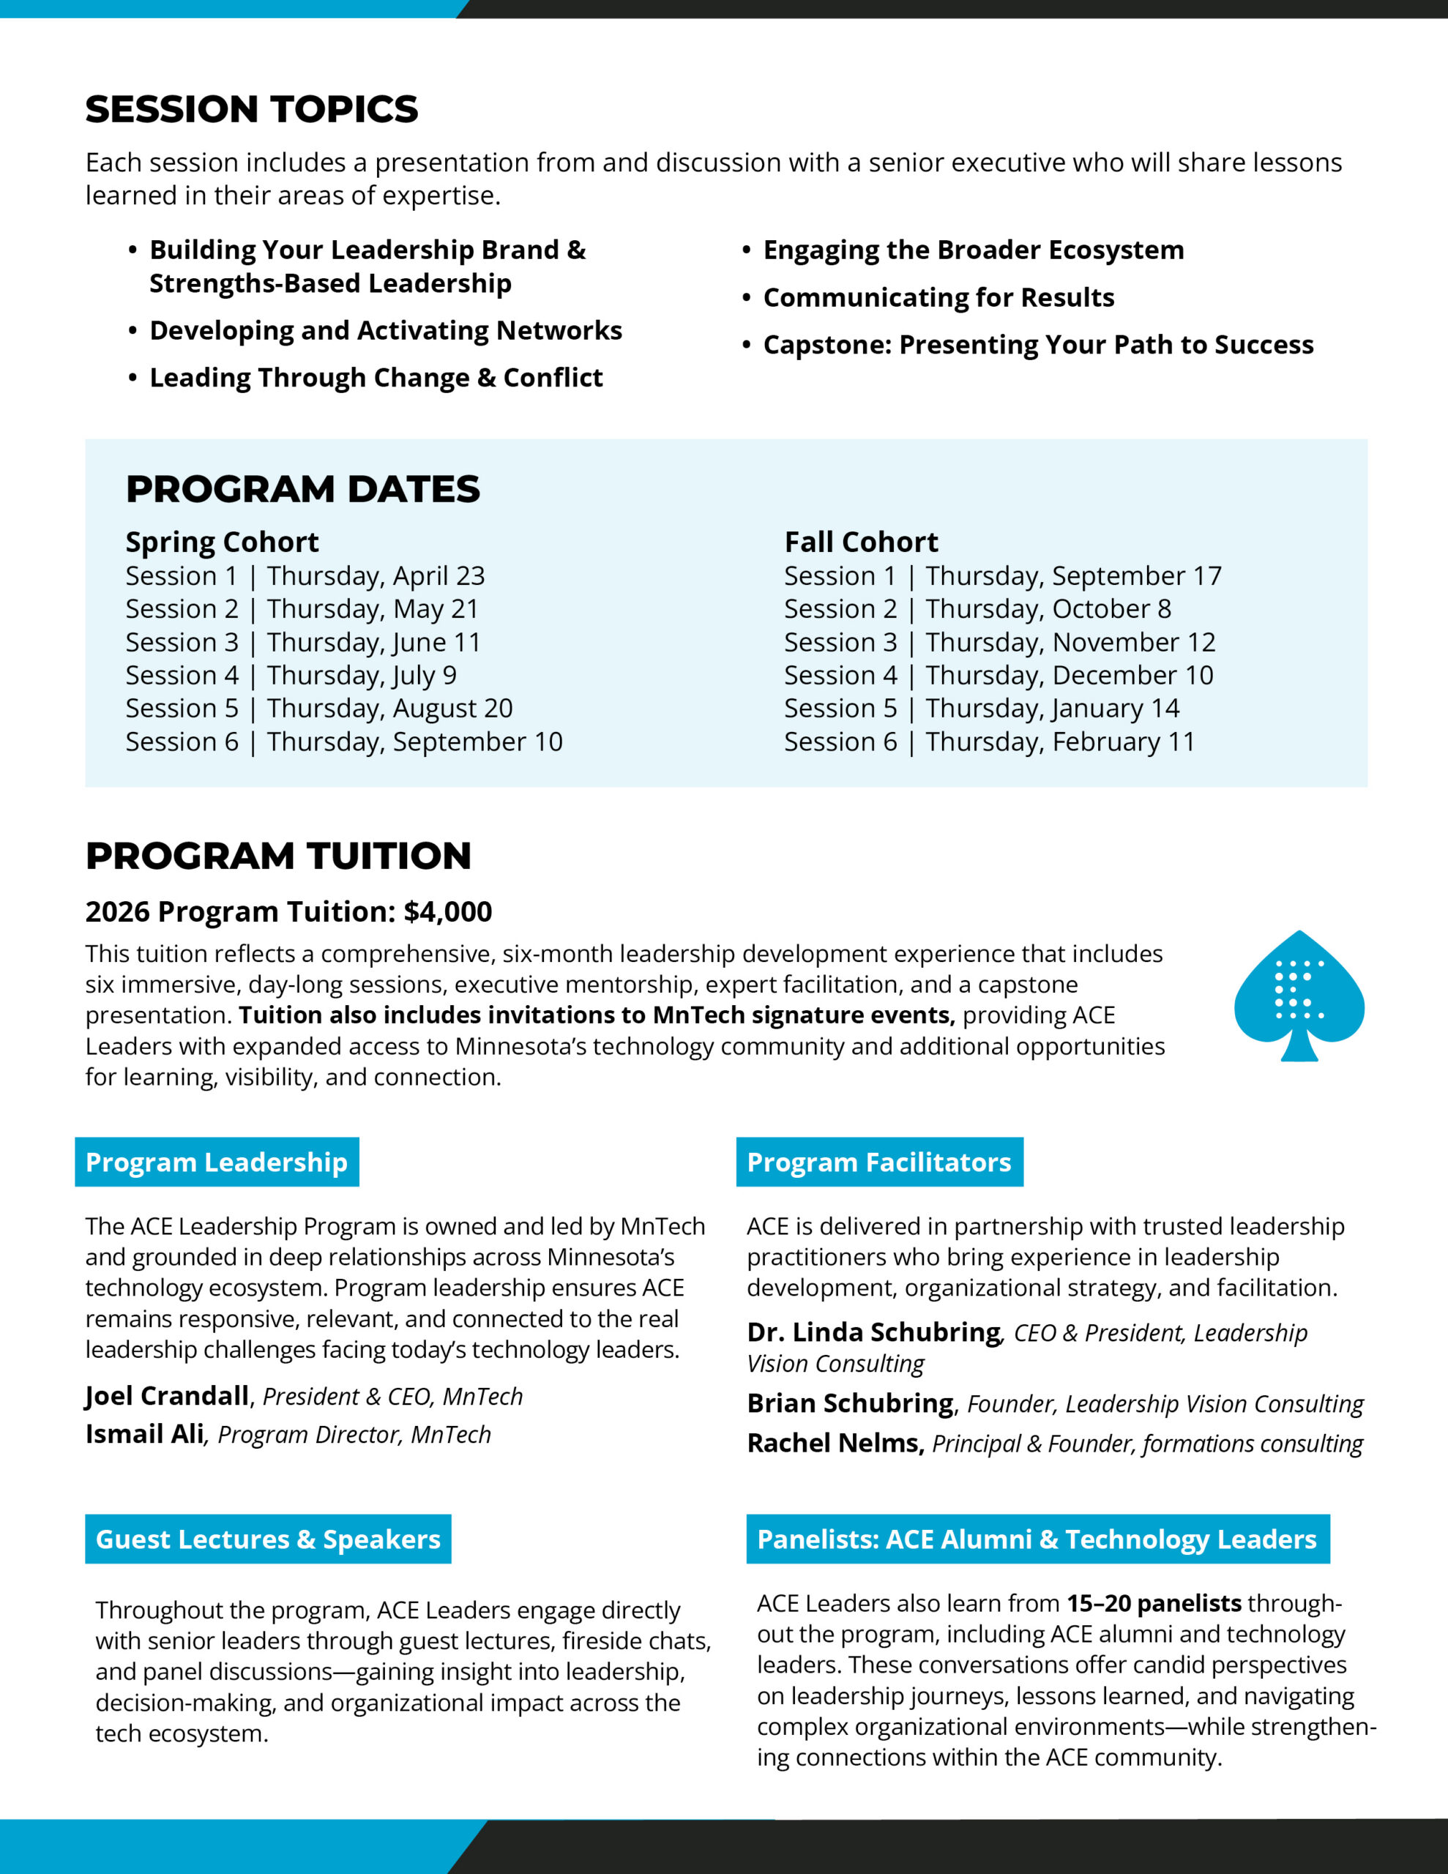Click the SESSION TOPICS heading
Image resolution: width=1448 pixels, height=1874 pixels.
[252, 110]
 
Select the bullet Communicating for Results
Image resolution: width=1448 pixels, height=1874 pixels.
[938, 298]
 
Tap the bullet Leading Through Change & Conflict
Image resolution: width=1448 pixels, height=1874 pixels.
[376, 378]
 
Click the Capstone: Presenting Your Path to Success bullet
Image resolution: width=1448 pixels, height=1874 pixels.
[1038, 345]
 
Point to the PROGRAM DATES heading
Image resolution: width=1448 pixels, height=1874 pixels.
[302, 489]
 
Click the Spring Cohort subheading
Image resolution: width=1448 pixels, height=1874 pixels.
[222, 542]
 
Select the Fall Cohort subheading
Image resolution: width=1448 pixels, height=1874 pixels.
[861, 542]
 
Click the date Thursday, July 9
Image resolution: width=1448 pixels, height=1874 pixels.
[362, 675]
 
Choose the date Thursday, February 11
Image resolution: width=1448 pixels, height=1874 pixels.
[1059, 742]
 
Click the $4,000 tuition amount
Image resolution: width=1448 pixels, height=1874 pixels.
[448, 911]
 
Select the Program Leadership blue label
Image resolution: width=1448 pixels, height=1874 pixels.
[216, 1162]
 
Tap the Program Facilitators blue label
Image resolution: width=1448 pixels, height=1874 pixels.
[879, 1162]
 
